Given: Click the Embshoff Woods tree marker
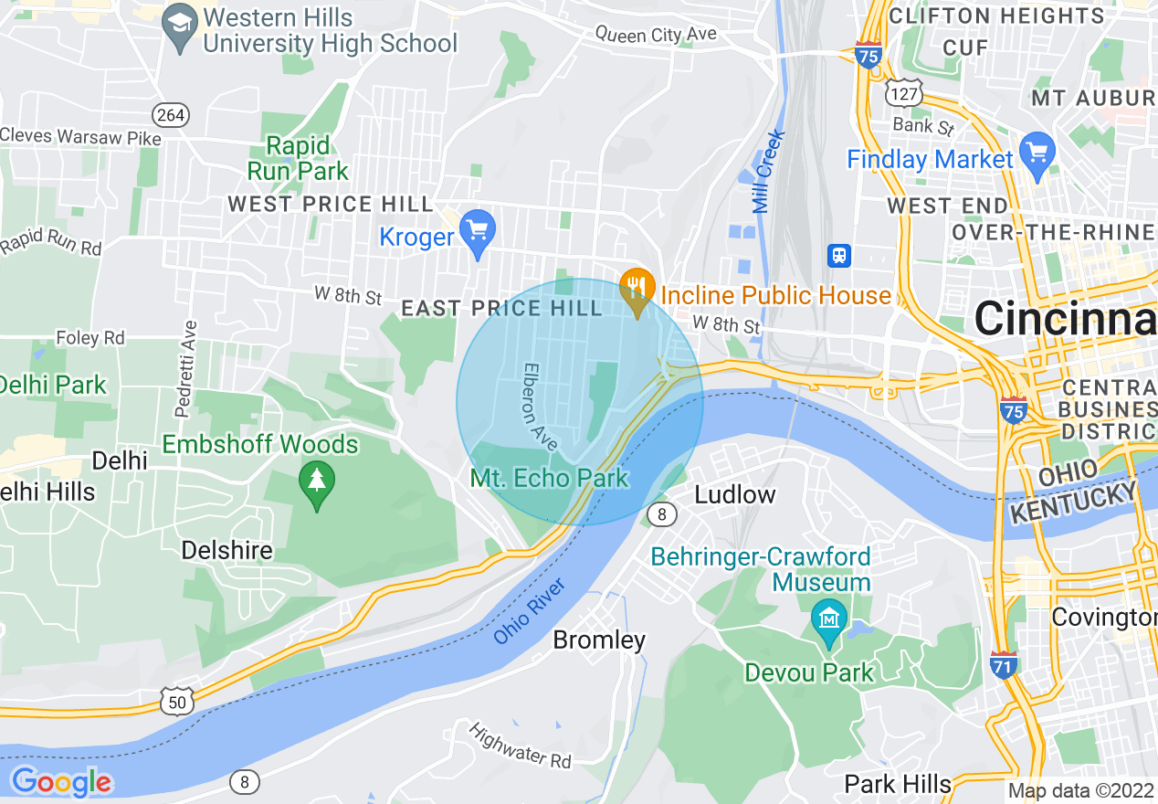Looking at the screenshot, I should point(317,481).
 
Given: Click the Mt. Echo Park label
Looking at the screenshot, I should point(549,478).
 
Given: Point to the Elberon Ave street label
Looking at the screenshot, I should point(539,406).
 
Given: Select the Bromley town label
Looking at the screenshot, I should point(599,640).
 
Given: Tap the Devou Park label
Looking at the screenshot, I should point(809,673).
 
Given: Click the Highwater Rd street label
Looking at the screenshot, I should point(520,745).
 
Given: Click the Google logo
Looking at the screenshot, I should point(61,782).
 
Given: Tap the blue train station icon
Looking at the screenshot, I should point(838,256).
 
